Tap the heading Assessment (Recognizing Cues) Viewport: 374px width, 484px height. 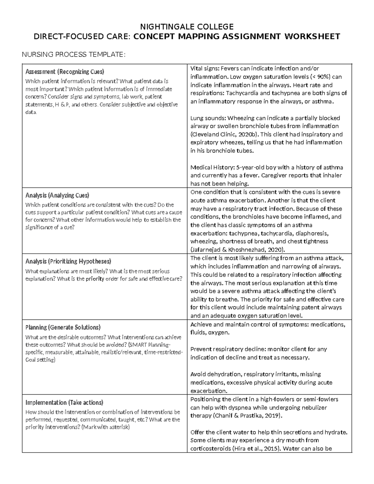tap(65, 72)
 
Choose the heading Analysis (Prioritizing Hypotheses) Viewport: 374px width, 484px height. tap(68, 261)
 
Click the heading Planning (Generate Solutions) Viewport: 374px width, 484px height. tap(63, 327)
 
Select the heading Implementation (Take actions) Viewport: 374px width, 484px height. tap(64, 402)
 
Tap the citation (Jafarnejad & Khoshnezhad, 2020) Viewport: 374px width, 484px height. tap(237, 250)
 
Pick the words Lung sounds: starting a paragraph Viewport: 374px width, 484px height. tap(208, 118)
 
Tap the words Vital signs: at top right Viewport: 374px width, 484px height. tap(205, 69)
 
